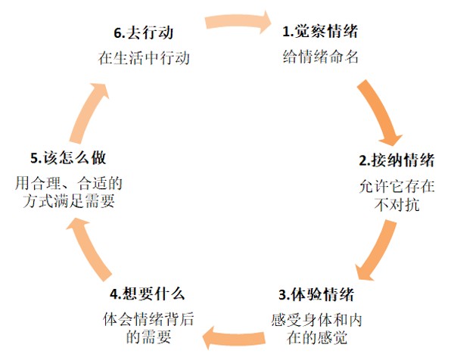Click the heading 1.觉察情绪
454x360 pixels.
tap(320, 32)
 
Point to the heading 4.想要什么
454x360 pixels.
tap(148, 294)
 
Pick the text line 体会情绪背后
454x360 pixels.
tap(148, 319)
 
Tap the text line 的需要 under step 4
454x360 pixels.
tap(148, 337)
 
